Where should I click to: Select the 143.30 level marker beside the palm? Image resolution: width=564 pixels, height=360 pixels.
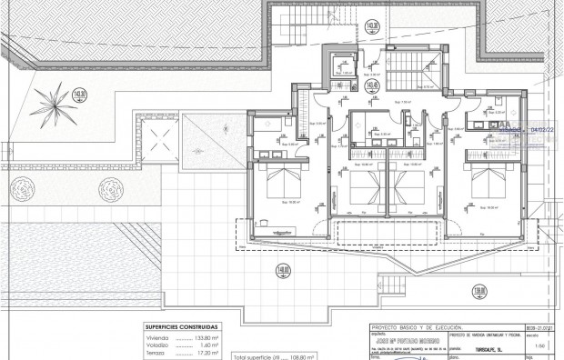pyautogui.click(x=79, y=94)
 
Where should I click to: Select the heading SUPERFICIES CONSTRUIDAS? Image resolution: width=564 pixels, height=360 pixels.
pyautogui.click(x=181, y=325)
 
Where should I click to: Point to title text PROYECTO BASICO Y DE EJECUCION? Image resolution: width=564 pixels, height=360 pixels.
pyautogui.click(x=417, y=326)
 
